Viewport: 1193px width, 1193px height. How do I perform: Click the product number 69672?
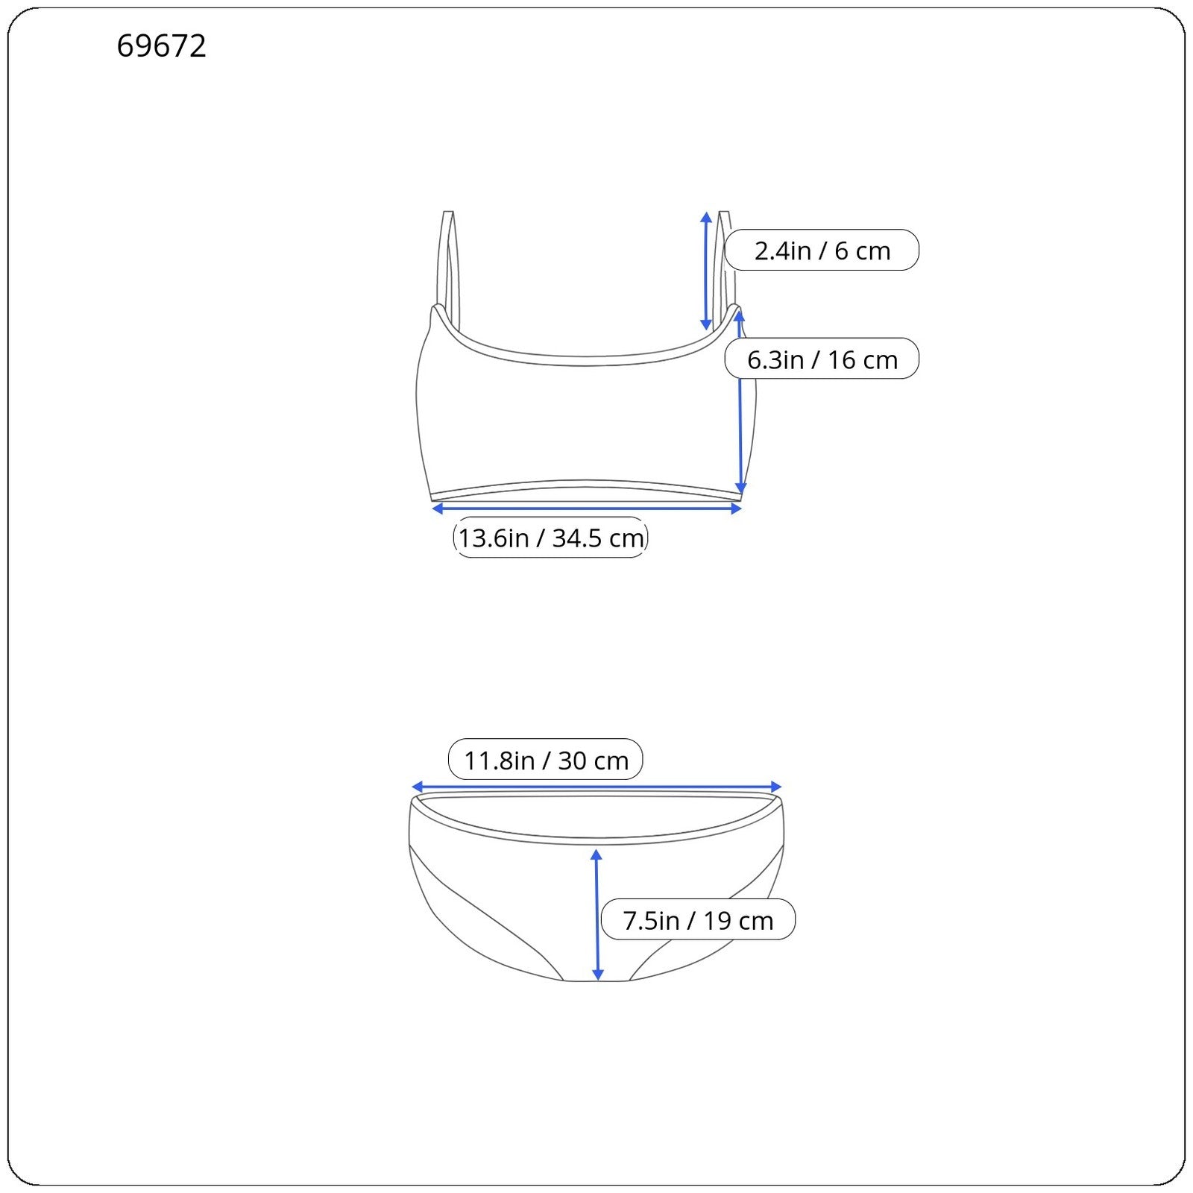(x=161, y=46)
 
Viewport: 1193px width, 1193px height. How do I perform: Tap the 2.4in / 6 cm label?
(x=822, y=250)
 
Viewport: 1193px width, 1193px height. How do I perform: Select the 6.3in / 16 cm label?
(x=822, y=359)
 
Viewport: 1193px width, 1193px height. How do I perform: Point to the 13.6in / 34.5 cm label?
(x=550, y=538)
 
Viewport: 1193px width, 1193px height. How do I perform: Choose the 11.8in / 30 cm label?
(x=545, y=760)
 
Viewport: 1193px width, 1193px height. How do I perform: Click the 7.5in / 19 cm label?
(x=698, y=920)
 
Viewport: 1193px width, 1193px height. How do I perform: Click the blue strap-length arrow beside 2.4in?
(x=706, y=271)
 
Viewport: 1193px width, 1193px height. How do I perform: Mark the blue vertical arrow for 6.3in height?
(x=740, y=403)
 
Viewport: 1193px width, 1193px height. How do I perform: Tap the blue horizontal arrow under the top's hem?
(x=587, y=509)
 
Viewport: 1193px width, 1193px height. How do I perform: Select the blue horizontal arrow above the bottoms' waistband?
(x=596, y=787)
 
